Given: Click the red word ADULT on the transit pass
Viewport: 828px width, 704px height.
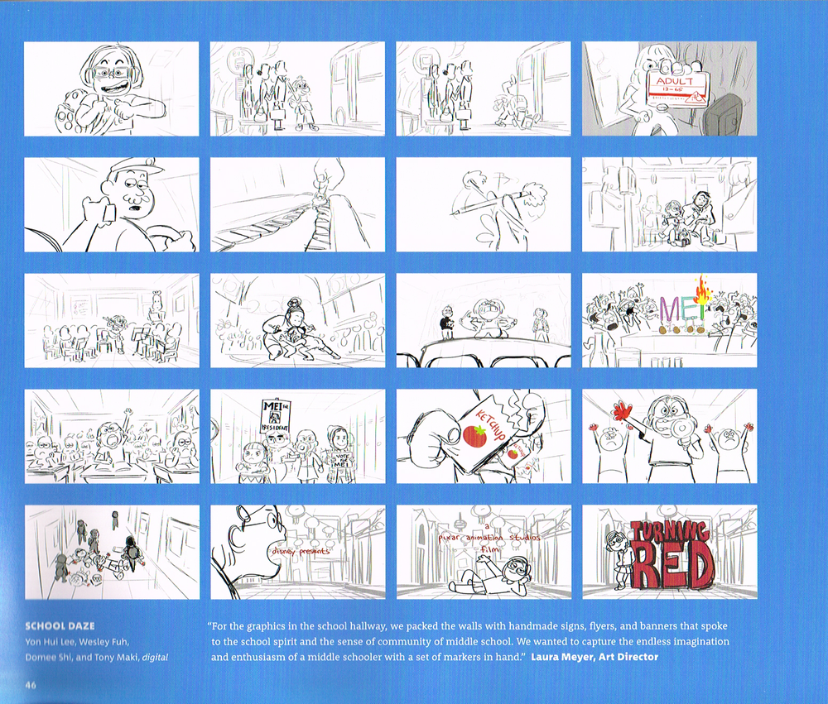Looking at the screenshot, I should point(672,83).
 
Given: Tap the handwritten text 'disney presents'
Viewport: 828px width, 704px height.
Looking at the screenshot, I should point(299,550).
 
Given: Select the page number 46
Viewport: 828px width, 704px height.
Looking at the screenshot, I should point(31,684).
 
